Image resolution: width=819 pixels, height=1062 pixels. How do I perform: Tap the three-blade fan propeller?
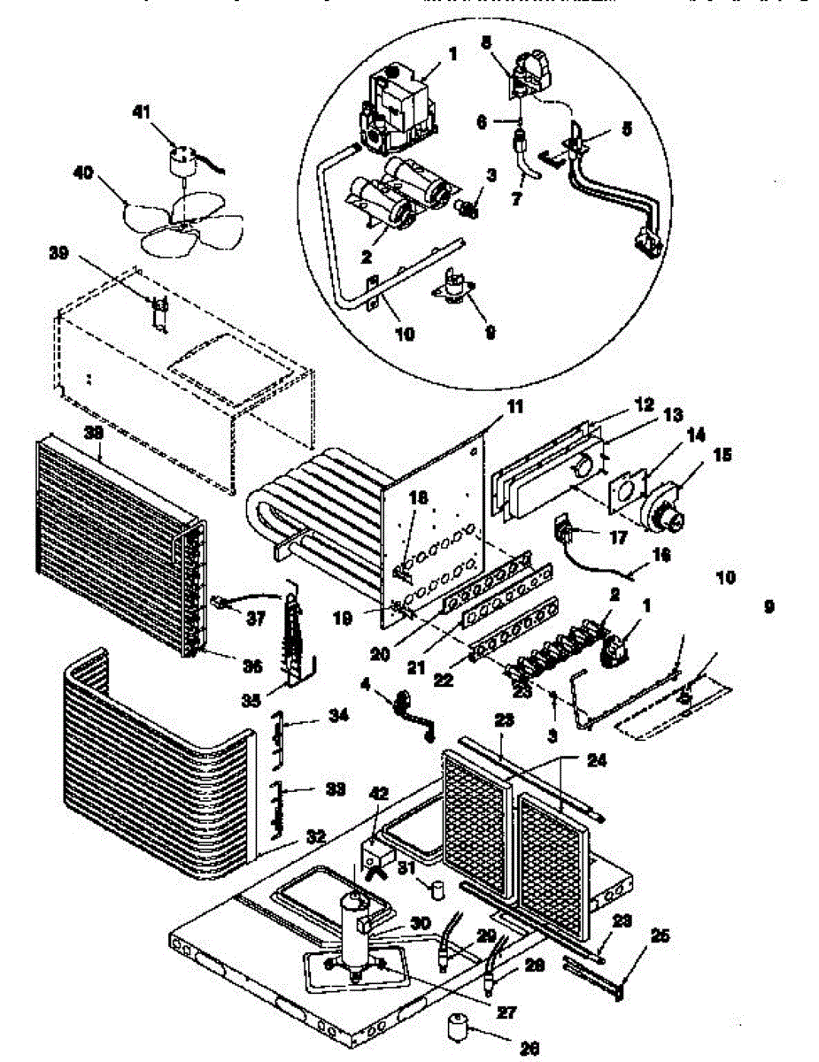click(x=177, y=222)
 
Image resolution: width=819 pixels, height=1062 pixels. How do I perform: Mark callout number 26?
click(x=530, y=1050)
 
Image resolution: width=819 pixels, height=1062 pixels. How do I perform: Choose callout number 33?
click(x=310, y=789)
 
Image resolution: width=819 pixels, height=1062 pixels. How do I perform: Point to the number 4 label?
click(x=367, y=683)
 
